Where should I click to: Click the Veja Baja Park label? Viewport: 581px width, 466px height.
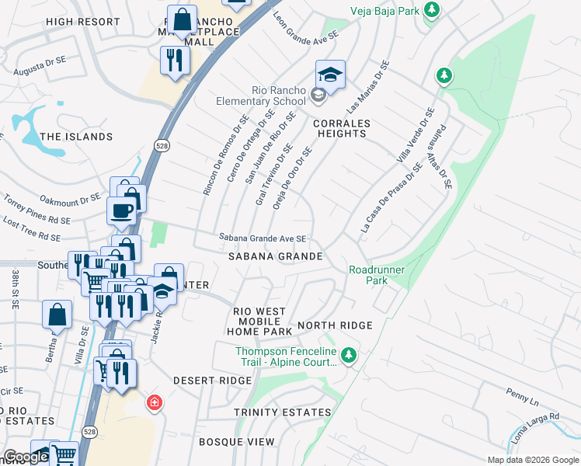(x=384, y=9)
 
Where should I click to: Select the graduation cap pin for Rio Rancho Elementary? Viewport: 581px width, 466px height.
(x=330, y=75)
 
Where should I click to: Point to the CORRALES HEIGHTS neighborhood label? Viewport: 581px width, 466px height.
(x=341, y=128)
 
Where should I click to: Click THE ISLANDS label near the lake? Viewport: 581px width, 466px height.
(x=76, y=137)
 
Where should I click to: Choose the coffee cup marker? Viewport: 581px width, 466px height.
(x=122, y=210)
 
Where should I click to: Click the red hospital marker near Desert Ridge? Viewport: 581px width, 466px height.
(x=155, y=403)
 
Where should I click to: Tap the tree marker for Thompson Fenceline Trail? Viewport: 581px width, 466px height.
(x=349, y=356)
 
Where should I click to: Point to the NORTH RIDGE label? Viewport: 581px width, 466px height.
(x=335, y=325)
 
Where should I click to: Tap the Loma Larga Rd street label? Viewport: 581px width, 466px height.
(x=535, y=428)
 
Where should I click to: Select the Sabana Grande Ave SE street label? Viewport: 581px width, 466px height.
(x=262, y=238)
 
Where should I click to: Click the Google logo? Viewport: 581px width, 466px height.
(x=26, y=457)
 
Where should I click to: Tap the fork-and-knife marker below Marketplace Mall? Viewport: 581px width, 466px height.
(x=173, y=60)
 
